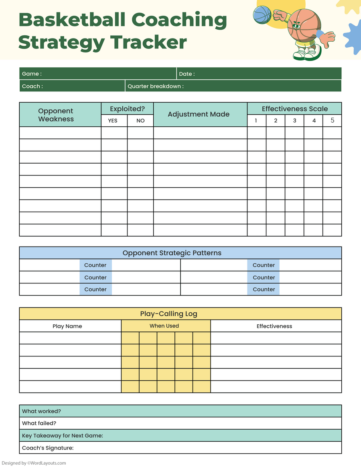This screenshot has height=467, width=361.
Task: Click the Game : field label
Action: point(32,74)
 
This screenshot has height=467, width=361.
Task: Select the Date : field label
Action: point(187,74)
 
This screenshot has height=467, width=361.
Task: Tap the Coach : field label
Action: point(32,86)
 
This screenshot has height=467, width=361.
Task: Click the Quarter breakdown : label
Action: point(156,86)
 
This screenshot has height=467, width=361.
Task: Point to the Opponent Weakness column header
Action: point(56,115)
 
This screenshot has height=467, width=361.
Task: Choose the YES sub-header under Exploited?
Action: point(113,121)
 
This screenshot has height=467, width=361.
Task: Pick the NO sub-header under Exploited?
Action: point(140,121)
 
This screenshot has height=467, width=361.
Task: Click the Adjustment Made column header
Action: point(199,114)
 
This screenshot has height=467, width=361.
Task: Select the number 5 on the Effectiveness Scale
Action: point(332,120)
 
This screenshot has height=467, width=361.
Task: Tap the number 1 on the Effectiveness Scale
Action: point(256,121)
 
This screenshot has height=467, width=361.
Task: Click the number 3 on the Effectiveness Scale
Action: point(294,121)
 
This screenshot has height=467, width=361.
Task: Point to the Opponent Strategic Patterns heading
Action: point(172,253)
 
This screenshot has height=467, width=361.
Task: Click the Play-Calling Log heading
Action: point(168,314)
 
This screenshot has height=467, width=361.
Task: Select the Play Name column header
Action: point(67,326)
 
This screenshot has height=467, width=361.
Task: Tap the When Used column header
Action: point(164,326)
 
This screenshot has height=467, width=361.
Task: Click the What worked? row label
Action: point(41,411)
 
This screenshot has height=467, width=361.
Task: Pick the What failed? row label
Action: point(39,423)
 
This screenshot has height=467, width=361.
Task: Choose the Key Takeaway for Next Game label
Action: point(63,436)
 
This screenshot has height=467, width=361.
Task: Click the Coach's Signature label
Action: point(48,448)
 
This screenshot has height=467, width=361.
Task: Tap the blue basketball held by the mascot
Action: point(262,14)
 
